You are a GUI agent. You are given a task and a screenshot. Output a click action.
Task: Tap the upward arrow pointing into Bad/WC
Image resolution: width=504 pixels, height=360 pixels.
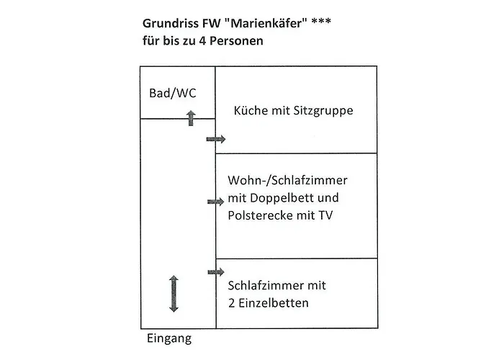191,118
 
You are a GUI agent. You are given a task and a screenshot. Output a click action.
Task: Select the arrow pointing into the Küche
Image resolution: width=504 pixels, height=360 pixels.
215,139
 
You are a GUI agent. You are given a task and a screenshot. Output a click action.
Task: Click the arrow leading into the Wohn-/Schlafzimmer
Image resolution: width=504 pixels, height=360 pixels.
215,202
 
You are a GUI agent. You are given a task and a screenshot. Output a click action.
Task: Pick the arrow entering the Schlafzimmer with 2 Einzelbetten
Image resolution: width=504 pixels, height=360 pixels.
215,271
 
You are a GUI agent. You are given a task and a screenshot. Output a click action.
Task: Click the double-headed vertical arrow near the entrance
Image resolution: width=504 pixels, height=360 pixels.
174,294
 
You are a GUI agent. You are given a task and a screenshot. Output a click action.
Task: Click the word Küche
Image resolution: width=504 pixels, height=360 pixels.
251,112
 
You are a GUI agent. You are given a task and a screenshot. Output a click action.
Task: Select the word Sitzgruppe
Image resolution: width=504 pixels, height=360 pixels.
324,112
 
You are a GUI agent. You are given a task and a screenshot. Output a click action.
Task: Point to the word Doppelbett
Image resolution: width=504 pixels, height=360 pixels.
301,197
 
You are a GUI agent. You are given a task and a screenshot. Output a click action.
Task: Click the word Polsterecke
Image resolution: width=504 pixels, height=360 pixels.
257,215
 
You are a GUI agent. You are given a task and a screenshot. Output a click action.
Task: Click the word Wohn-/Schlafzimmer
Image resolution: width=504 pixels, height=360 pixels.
282,180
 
